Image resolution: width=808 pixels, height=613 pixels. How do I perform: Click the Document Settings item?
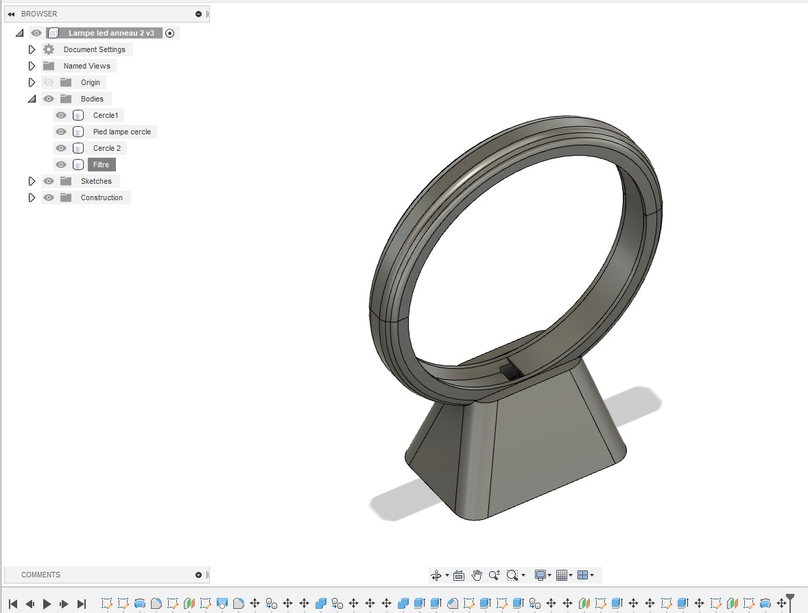point(94,49)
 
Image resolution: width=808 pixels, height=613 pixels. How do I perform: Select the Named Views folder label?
point(86,66)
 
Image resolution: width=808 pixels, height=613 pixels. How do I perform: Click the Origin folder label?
point(90,82)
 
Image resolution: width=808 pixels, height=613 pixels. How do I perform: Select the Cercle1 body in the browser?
point(106,115)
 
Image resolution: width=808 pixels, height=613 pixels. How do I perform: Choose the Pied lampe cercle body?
point(121,132)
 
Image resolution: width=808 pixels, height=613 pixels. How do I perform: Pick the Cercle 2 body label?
point(107,148)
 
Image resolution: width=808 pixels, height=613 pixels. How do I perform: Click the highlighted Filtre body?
point(101,165)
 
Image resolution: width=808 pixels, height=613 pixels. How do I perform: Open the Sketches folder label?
point(96,181)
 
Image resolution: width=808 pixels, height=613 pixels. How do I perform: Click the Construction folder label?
point(102,197)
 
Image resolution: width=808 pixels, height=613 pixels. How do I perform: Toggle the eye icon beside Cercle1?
point(61,115)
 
